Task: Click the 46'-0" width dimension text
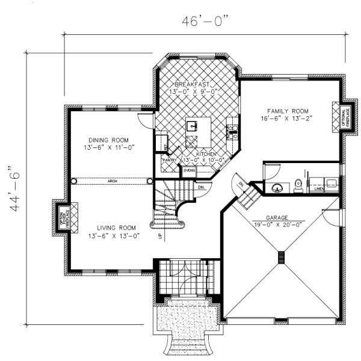click(206, 21)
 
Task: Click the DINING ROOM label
click(108, 138)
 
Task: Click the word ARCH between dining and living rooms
click(113, 180)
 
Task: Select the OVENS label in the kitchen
click(190, 170)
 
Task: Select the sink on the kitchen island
click(193, 126)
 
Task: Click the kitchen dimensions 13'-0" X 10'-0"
click(198, 160)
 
